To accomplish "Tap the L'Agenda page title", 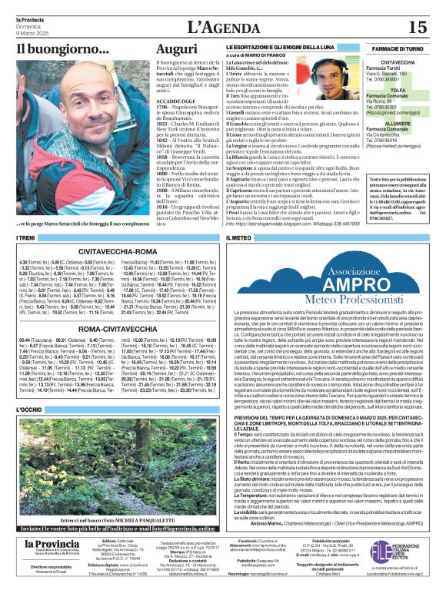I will point(222,27).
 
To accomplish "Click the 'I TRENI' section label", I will point(27,239).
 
